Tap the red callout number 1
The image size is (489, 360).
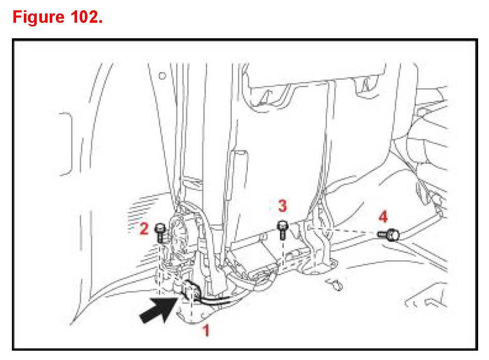[x=205, y=329]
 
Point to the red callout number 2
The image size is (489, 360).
[x=144, y=229]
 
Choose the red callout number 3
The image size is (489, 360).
[x=282, y=206]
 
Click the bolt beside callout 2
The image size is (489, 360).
[x=159, y=232]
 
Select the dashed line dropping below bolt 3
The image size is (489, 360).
[x=283, y=253]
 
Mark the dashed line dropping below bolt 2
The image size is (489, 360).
[x=159, y=259]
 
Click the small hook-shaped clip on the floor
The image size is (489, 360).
[x=334, y=283]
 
